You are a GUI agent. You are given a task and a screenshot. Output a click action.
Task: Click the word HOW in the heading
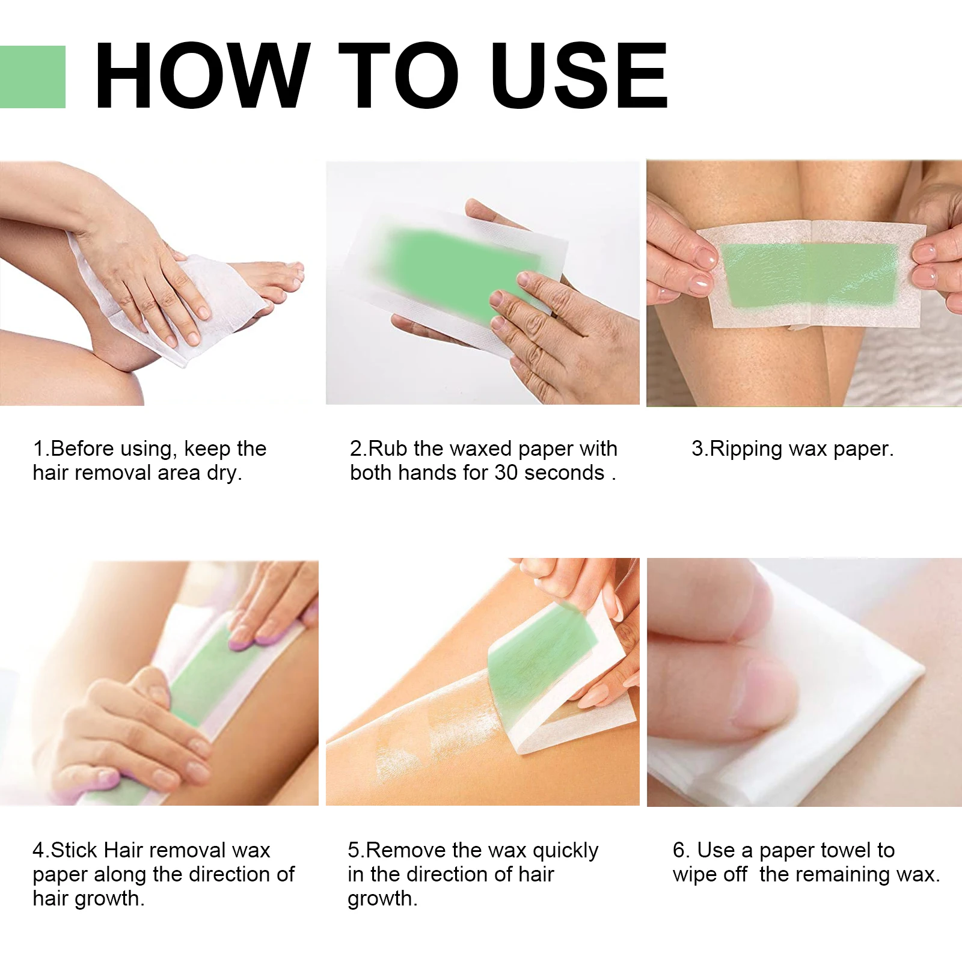click(202, 77)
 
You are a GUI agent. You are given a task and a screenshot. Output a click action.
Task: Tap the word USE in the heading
click(578, 77)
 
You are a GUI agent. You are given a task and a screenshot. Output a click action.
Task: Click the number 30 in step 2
click(506, 473)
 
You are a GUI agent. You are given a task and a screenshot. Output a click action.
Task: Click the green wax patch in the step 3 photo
click(812, 274)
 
